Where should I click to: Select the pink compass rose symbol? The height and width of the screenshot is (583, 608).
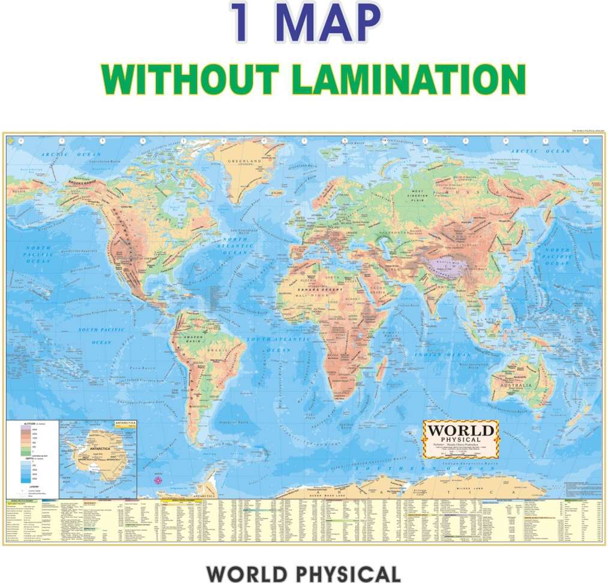pyautogui.click(x=158, y=480)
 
